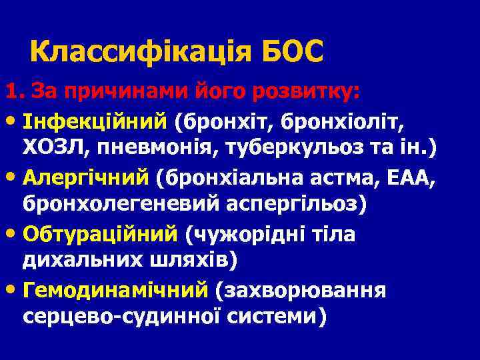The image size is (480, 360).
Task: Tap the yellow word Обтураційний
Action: click(x=100, y=234)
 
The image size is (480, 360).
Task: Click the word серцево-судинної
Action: click(x=124, y=318)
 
